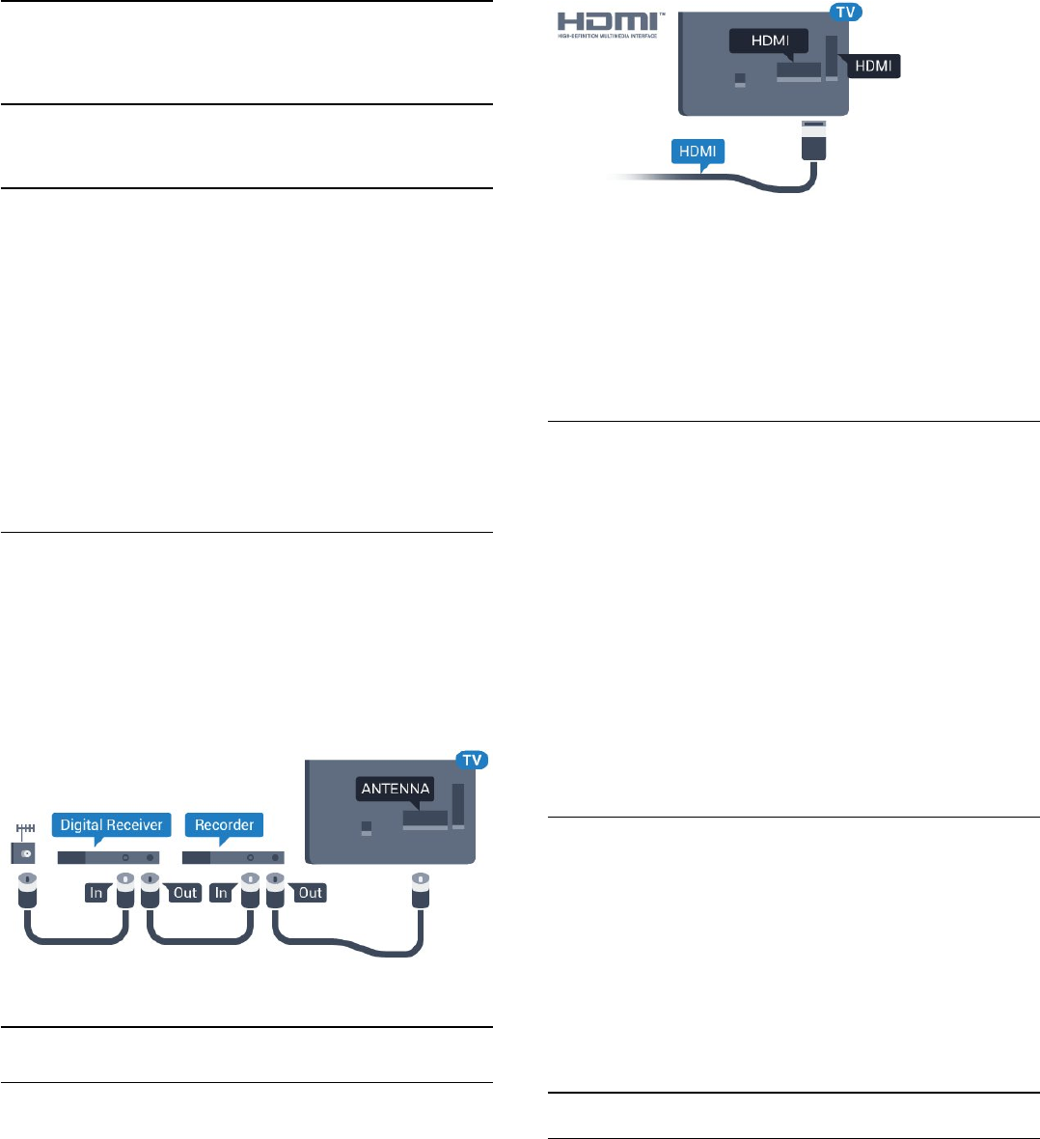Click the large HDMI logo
(607, 23)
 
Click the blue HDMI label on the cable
(698, 153)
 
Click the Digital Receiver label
(111, 825)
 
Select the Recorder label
(224, 825)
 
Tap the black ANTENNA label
(396, 789)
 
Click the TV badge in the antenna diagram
(471, 760)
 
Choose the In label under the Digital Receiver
(96, 893)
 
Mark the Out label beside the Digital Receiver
(184, 893)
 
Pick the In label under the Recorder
(222, 893)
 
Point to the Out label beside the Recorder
(310, 893)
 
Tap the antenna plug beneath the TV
(420, 893)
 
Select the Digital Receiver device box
(108, 856)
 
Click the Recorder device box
(233, 856)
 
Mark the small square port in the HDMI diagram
(740, 80)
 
